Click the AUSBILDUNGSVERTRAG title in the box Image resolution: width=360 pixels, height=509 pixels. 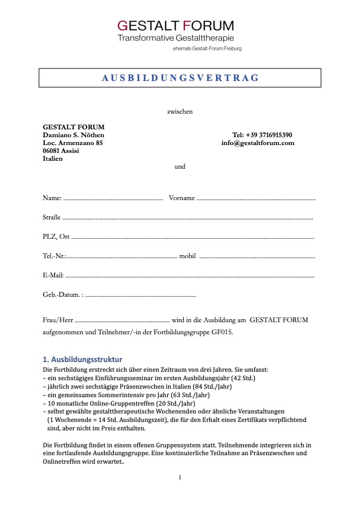click(x=180, y=78)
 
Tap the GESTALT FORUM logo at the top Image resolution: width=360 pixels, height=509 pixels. click(x=175, y=25)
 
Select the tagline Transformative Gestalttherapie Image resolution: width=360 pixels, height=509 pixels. click(x=175, y=37)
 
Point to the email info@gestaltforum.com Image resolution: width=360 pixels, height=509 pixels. click(x=258, y=143)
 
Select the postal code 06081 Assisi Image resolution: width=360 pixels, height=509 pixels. click(x=61, y=151)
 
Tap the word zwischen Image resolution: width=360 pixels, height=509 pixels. click(x=180, y=111)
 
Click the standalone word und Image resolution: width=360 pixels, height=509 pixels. click(x=180, y=166)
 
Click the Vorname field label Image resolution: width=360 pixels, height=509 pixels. click(x=182, y=198)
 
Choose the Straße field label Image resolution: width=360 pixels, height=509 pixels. click(x=51, y=217)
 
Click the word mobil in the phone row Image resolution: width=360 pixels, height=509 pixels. click(x=188, y=256)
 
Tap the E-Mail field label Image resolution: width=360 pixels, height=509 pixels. click(x=53, y=275)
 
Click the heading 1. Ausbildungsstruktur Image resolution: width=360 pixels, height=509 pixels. click(x=82, y=360)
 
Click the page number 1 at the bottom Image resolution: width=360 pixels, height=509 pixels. click(x=180, y=478)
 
